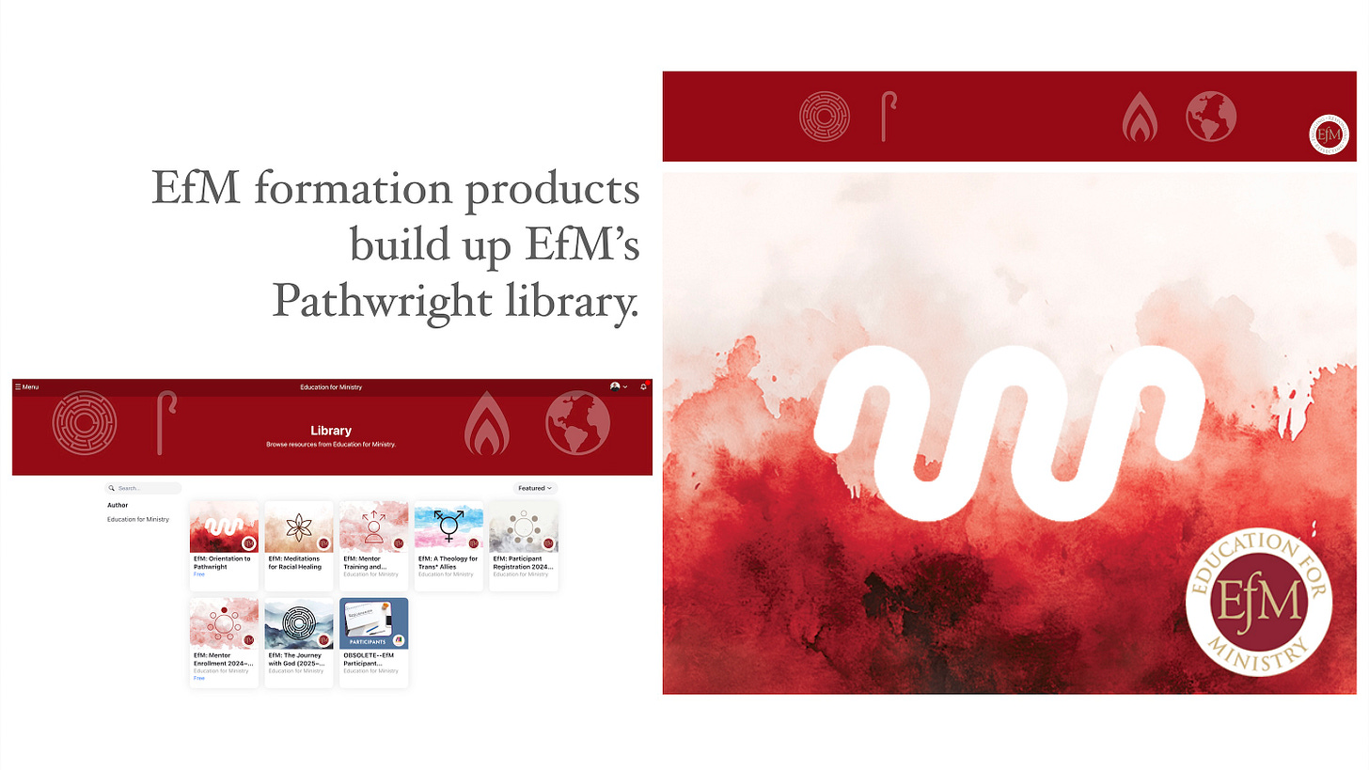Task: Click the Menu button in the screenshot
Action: [26, 386]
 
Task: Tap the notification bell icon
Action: [643, 386]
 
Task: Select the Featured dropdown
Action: [535, 488]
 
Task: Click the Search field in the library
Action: [144, 488]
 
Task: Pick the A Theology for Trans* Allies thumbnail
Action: [448, 526]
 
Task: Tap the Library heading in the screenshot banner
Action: [331, 431]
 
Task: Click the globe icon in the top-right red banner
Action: [1210, 117]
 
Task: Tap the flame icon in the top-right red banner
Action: [1139, 118]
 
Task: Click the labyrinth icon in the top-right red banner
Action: [824, 117]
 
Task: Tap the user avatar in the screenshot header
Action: [616, 386]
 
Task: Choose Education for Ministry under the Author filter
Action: [137, 519]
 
